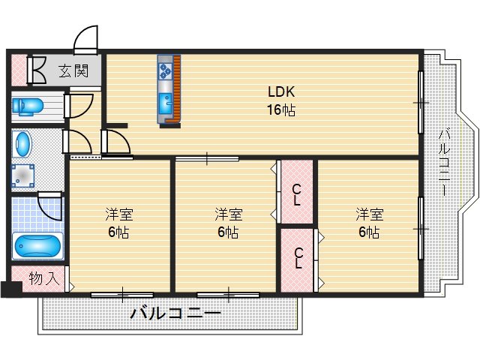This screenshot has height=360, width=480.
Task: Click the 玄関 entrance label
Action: coord(73,71)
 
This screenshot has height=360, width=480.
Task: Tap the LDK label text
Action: coord(281,91)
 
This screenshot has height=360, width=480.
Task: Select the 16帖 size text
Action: coord(281,110)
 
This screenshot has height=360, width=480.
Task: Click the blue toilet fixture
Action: coord(28,106)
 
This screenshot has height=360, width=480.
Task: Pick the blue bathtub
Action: coord(37,246)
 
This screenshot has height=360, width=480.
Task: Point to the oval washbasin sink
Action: coord(22,144)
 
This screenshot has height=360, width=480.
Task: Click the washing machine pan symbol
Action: coord(23,175)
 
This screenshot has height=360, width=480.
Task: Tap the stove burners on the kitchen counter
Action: coord(165,71)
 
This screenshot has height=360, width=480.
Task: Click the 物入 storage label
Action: coord(44,278)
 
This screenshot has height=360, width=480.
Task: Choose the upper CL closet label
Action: coord(296,195)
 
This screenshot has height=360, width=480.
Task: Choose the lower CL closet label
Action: coord(298,258)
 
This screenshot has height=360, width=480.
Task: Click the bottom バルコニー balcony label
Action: coord(175,313)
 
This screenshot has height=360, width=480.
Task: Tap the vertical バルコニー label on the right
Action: coord(444,162)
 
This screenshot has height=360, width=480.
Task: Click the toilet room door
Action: coord(78,106)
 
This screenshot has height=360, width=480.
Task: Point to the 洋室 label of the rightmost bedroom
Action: coord(370,214)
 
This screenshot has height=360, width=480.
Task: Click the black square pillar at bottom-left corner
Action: coord(11,289)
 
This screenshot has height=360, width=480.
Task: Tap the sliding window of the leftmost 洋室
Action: coord(122,295)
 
